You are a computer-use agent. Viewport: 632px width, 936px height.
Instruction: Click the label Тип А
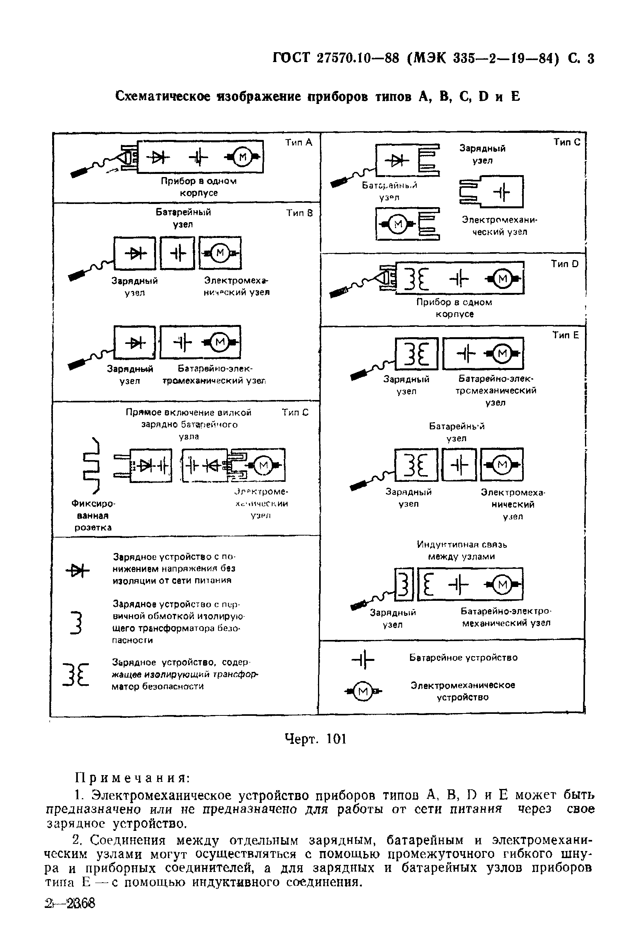pyautogui.click(x=298, y=142)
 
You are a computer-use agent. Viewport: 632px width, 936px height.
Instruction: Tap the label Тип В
pyautogui.click(x=299, y=213)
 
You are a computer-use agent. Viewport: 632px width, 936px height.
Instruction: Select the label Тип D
pyautogui.click(x=564, y=264)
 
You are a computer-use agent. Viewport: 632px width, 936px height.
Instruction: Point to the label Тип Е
pyautogui.click(x=565, y=335)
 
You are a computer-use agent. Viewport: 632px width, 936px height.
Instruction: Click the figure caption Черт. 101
pyautogui.click(x=315, y=739)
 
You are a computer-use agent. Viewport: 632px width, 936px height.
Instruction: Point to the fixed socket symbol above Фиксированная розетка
pyautogui.click(x=91, y=465)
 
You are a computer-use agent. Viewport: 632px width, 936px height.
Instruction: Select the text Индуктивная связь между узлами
pyautogui.click(x=461, y=550)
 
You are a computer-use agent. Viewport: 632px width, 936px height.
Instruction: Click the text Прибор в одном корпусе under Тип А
pyautogui.click(x=198, y=187)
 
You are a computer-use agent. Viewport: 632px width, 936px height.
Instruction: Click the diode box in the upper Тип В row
pyautogui.click(x=135, y=253)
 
